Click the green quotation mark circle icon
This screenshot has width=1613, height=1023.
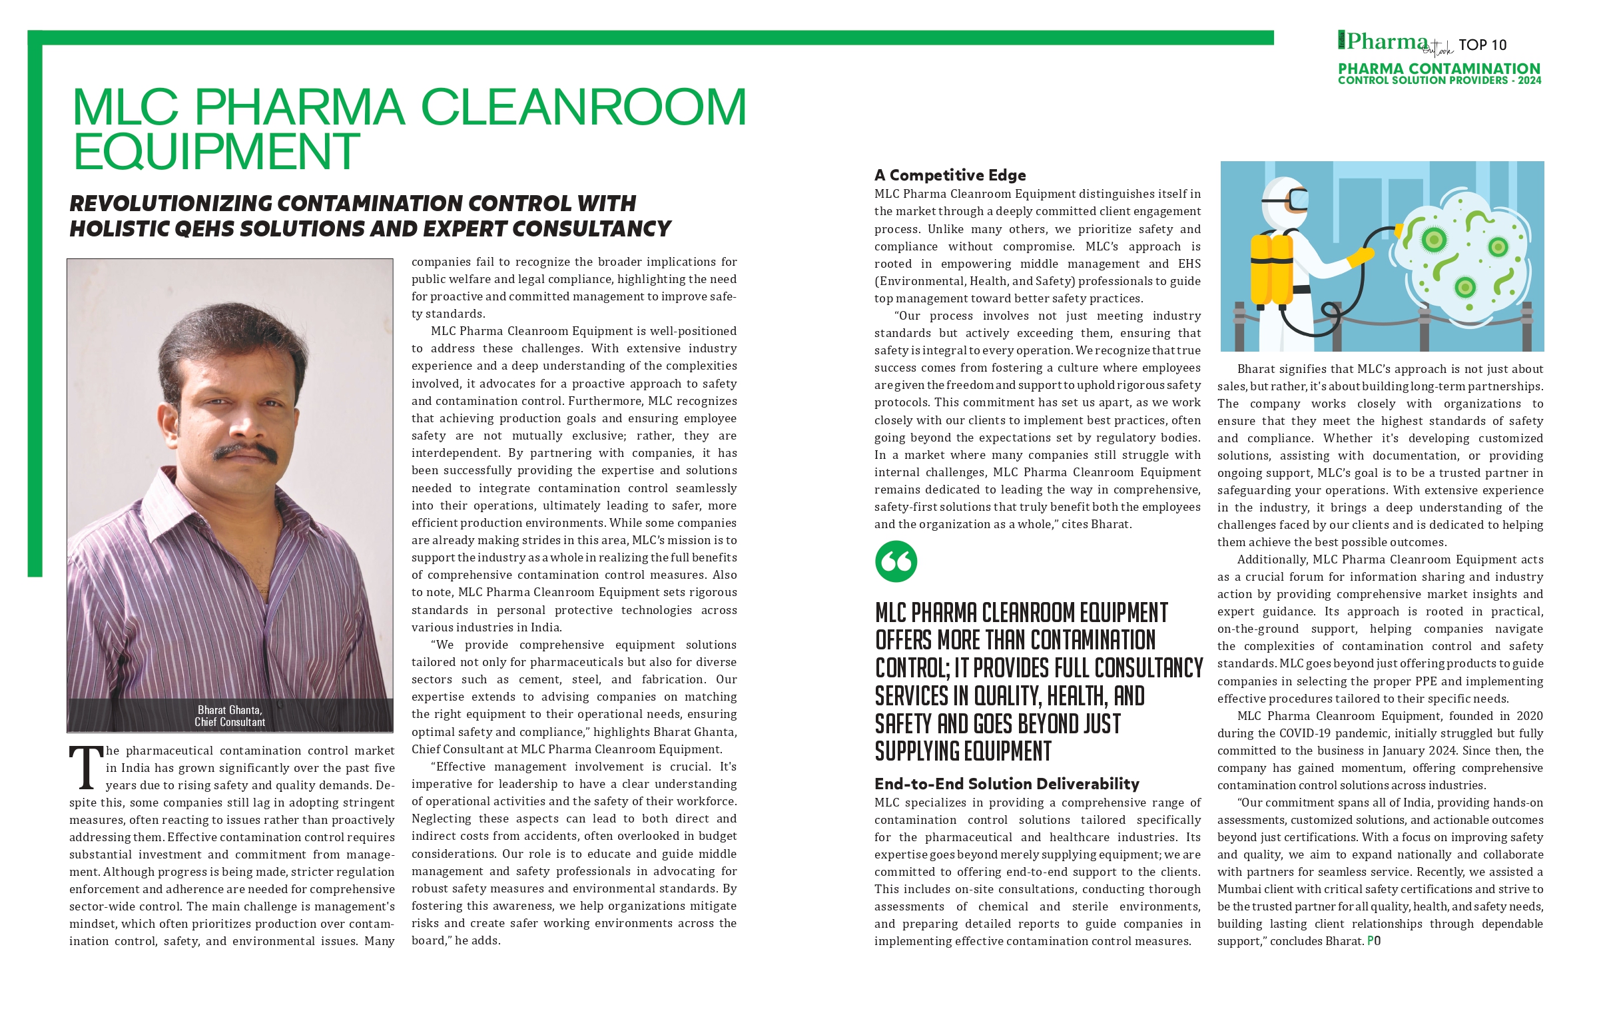(896, 561)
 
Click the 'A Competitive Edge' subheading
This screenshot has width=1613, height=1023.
(950, 176)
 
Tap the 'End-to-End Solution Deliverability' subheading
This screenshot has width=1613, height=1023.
(1007, 784)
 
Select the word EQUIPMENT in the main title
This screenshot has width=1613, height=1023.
(216, 152)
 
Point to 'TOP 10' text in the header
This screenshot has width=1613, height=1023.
(1482, 45)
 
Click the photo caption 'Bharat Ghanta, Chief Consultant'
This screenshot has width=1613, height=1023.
(230, 715)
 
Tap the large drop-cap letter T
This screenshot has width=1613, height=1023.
(86, 769)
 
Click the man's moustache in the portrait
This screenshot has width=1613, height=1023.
(245, 452)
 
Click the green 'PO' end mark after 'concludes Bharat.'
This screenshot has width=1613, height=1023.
(1373, 941)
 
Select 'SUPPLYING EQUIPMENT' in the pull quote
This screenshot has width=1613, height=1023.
(962, 752)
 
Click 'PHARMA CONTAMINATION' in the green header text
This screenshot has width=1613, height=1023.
(1439, 69)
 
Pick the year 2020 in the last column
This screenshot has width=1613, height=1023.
(1529, 716)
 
